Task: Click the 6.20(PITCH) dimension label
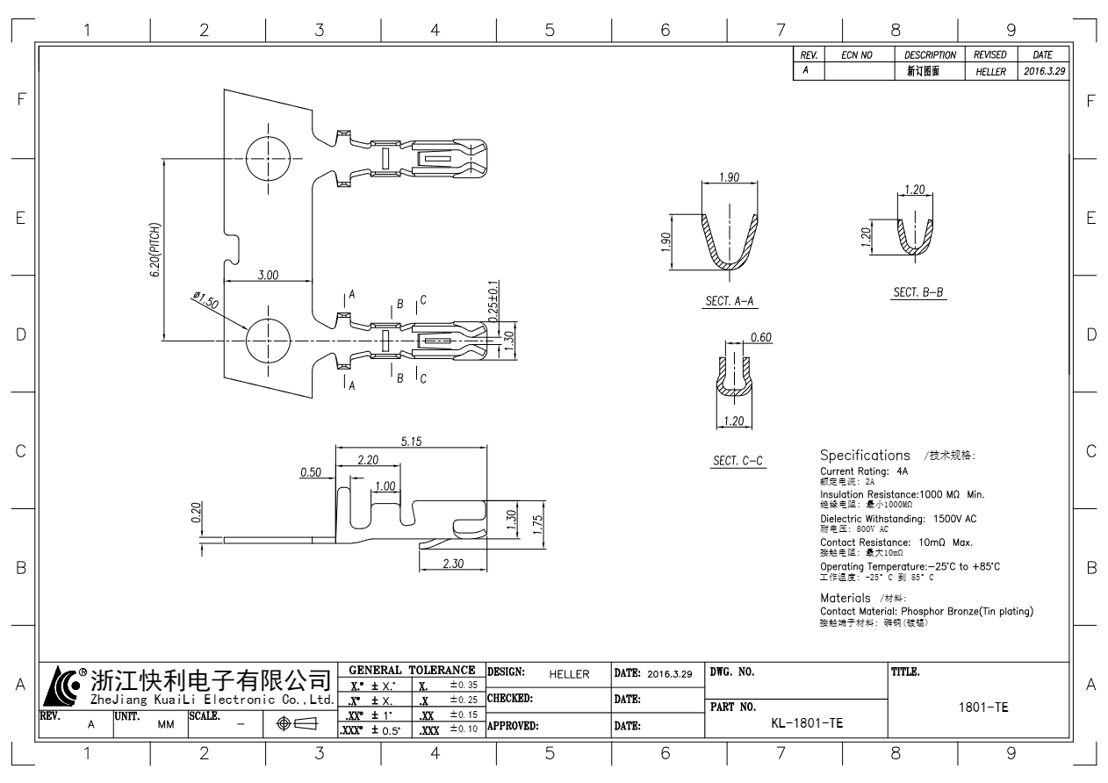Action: click(155, 249)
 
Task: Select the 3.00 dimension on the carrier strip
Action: click(268, 275)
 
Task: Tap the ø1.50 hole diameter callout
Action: click(205, 301)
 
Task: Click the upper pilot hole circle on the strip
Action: click(268, 159)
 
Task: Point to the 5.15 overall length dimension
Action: click(411, 442)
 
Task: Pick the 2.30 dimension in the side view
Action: click(453, 564)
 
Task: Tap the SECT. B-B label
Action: click(919, 292)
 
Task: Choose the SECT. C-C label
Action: click(739, 461)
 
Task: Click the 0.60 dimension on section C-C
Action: click(761, 338)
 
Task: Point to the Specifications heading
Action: click(865, 456)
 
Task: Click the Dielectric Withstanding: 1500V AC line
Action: click(898, 519)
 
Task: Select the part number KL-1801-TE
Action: click(806, 723)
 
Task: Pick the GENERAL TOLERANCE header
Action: click(411, 671)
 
